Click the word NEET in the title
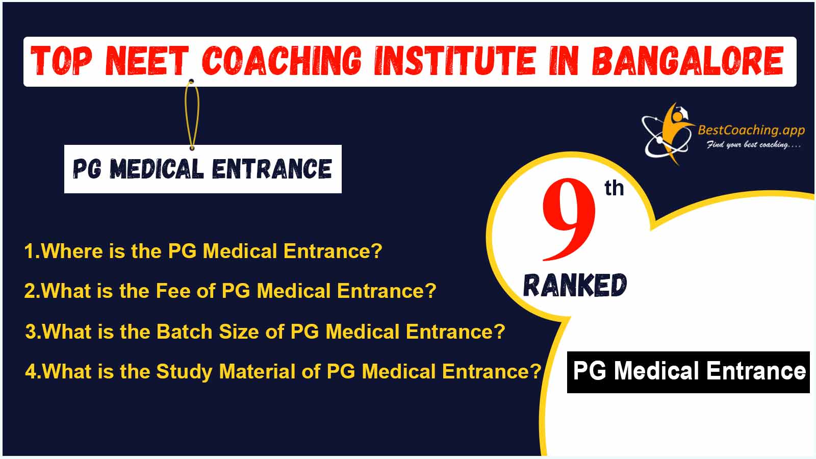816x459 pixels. tap(147, 61)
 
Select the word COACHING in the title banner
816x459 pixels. tap(282, 61)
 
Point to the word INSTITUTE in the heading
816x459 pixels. tap(455, 61)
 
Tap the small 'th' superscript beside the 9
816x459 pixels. tap(614, 188)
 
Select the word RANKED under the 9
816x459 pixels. tap(575, 285)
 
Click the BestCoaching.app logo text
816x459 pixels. tap(751, 130)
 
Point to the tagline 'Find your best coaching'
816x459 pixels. tap(754, 145)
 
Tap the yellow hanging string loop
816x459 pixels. tap(192, 115)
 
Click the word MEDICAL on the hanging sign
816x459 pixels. tap(157, 169)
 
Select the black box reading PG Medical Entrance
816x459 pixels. tap(688, 372)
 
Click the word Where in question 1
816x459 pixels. tap(72, 251)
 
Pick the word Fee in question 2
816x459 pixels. tap(173, 291)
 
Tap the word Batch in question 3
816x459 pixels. tap(184, 331)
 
